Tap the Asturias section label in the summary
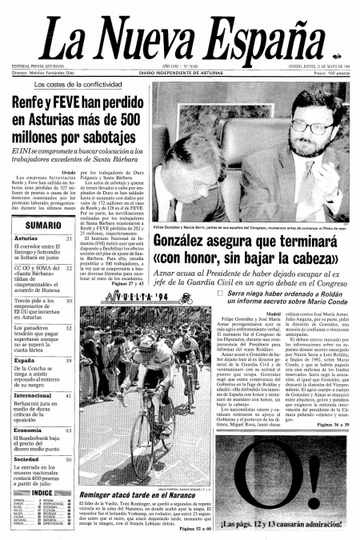[26, 238]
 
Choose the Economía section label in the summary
[28, 430]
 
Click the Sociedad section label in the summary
[27, 460]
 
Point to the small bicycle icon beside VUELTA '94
[187, 298]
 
